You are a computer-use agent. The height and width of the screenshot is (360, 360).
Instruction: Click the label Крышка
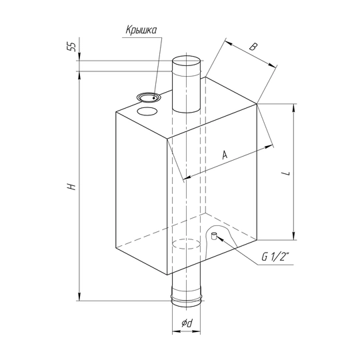pyautogui.click(x=141, y=30)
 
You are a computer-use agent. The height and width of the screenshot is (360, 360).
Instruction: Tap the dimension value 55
pyautogui.click(x=71, y=47)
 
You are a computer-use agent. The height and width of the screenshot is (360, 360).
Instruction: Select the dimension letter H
pyautogui.click(x=71, y=187)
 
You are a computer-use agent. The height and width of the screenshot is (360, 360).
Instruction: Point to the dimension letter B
pyautogui.click(x=253, y=47)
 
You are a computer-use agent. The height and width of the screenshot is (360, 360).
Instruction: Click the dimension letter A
pyautogui.click(x=225, y=155)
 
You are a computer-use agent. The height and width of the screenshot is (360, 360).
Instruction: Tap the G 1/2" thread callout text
pyautogui.click(x=275, y=257)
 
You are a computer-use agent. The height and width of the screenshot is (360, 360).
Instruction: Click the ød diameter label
pyautogui.click(x=187, y=323)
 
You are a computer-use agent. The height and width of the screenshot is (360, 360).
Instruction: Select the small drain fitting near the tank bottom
pyautogui.click(x=214, y=236)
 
